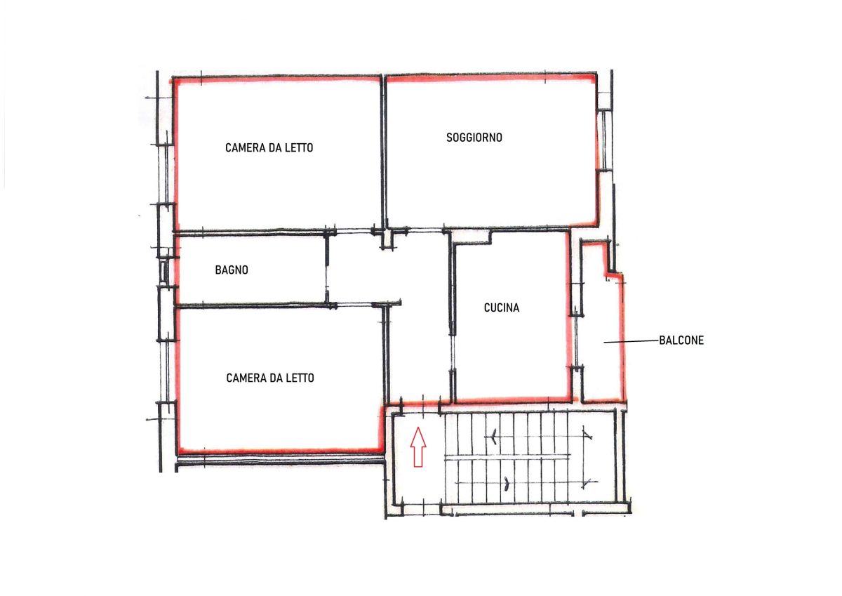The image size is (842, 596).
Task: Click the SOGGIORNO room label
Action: [x=474, y=138]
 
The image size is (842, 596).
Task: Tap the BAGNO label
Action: [x=232, y=270]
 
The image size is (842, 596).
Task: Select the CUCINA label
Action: [x=502, y=308]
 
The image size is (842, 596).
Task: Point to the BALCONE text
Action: [x=681, y=340]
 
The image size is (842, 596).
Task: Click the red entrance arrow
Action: [x=418, y=446]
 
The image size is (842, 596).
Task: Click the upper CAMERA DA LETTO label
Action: [x=269, y=148]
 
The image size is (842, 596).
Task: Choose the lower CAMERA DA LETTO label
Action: [x=270, y=378]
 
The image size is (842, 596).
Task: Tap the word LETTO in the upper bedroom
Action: [x=299, y=148]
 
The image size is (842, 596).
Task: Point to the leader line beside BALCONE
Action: [x=631, y=341]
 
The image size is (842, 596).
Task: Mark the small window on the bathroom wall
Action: [x=162, y=272]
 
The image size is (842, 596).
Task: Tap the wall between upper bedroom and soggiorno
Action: [x=383, y=152]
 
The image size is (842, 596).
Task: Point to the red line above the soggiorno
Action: [x=490, y=78]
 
